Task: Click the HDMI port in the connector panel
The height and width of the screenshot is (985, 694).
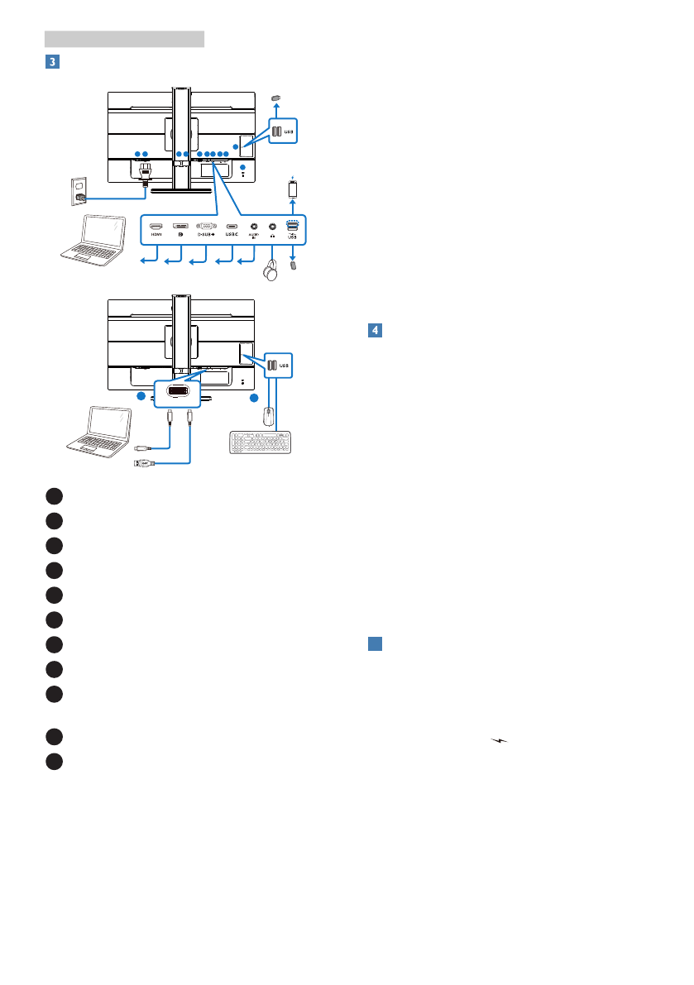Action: [156, 225]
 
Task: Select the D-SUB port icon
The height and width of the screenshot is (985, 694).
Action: [206, 225]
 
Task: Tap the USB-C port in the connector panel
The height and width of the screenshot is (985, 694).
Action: [232, 225]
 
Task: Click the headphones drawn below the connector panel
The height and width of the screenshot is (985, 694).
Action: [270, 274]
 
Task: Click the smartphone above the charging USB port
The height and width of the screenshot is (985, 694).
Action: [293, 189]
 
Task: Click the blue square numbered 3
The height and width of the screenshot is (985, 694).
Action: [51, 61]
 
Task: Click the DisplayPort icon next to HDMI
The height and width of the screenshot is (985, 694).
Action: [180, 225]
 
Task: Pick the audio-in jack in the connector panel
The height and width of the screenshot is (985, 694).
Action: [254, 225]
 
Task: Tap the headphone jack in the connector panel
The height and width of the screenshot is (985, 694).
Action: [272, 225]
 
